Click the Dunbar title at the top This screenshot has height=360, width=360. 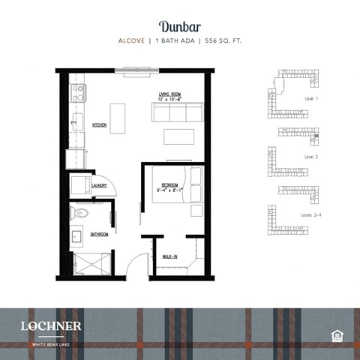(180, 28)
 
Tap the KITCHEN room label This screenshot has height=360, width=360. (100, 124)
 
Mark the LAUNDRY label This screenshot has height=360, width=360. (100, 186)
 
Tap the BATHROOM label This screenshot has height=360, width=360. (99, 234)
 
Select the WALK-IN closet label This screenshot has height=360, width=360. (170, 257)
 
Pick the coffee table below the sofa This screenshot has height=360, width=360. (179, 137)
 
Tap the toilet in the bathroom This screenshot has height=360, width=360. (81, 214)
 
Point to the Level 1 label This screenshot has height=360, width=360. (311, 99)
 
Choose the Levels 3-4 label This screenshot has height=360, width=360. (311, 215)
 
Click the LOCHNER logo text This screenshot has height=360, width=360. (51, 325)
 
